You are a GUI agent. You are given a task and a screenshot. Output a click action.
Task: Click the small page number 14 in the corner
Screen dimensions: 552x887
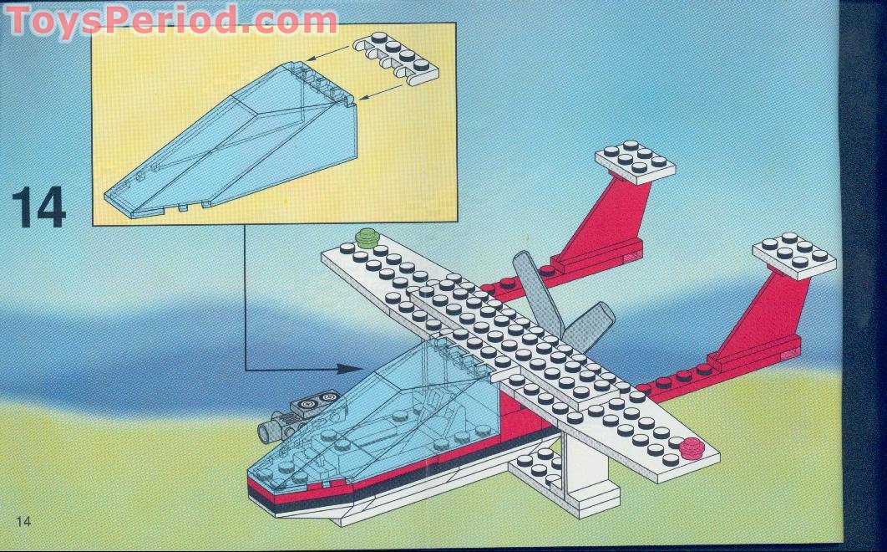pos(23,522)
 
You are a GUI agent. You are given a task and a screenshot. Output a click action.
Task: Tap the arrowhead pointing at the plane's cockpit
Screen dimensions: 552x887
pos(352,367)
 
